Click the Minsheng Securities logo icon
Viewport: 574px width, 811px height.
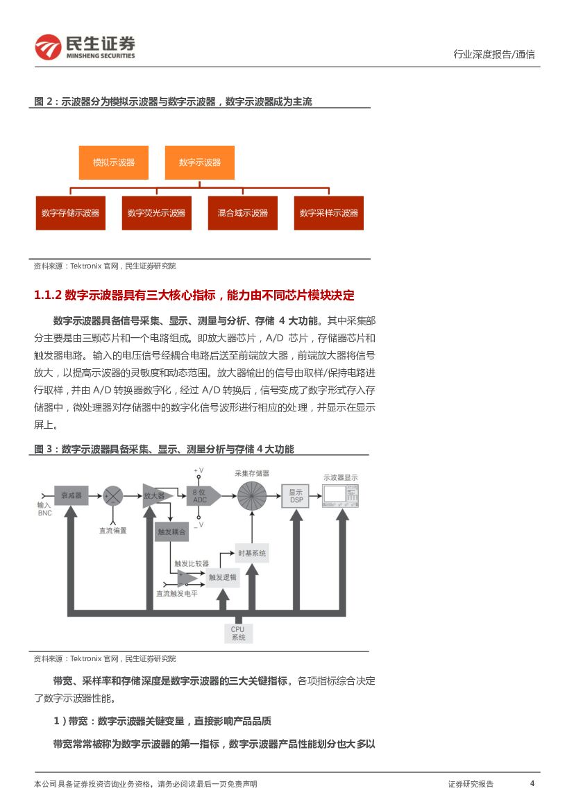tap(48, 46)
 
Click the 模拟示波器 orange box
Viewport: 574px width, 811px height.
tap(114, 162)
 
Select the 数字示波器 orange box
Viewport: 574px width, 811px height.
tap(199, 162)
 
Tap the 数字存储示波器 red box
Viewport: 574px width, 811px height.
tap(70, 213)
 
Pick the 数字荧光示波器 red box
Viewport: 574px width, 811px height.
tap(156, 213)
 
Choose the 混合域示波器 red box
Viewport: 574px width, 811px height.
tap(242, 213)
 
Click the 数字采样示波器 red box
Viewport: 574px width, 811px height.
tap(328, 213)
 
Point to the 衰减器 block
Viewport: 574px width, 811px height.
tap(71, 495)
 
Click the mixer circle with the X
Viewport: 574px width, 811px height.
tap(113, 495)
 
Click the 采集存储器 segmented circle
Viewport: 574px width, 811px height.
tap(252, 495)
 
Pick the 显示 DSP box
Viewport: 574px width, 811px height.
tap(296, 495)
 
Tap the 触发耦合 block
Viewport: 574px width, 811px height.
tap(171, 531)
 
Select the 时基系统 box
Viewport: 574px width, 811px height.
tap(251, 553)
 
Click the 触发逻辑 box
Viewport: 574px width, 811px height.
tap(222, 577)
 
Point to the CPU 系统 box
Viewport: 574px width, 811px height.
tap(238, 633)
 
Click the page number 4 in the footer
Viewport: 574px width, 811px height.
tap(532, 783)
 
